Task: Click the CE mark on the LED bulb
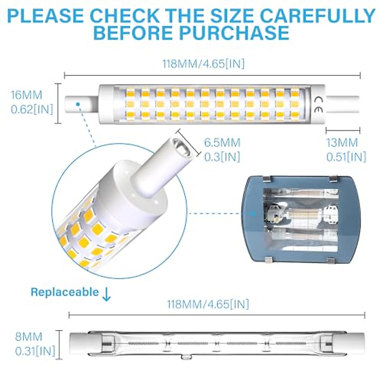[x=319, y=104]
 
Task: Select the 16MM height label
[x=26, y=95]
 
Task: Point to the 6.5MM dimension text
[x=222, y=143]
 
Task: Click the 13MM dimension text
[x=342, y=143]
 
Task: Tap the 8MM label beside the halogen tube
[x=29, y=337]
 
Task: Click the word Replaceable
[x=65, y=292]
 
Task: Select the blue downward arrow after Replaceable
[x=106, y=294]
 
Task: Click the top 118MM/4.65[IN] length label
[x=203, y=64]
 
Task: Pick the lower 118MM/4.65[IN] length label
[x=208, y=304]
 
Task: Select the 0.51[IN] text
[x=346, y=157]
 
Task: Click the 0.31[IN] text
[x=35, y=351]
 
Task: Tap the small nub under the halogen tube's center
[x=186, y=357]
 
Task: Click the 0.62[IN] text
[x=32, y=110]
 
